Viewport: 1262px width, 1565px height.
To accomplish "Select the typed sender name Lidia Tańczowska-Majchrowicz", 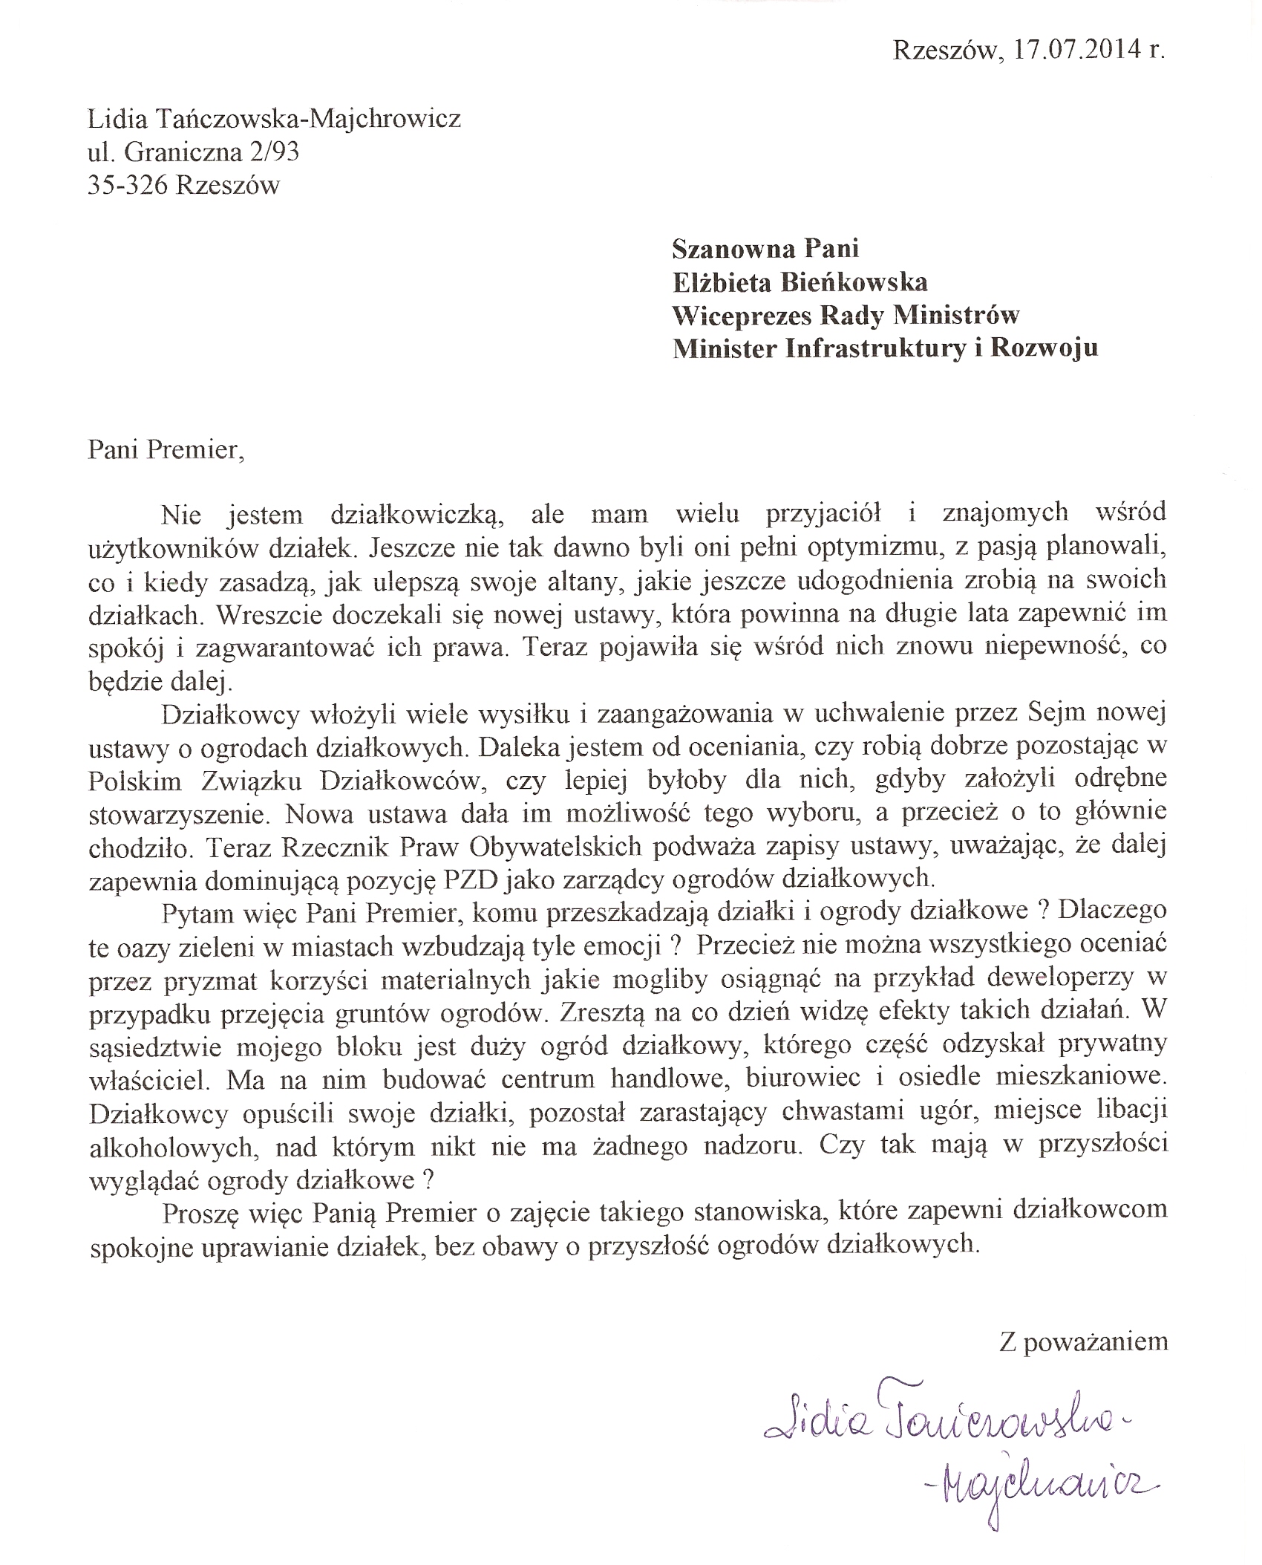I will pos(274,119).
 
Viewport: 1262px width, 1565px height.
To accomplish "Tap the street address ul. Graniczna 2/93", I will pos(193,152).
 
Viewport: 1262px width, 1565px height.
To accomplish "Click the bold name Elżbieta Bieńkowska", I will pos(800,282).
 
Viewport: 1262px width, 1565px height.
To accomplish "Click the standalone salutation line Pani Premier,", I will pos(166,450).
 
